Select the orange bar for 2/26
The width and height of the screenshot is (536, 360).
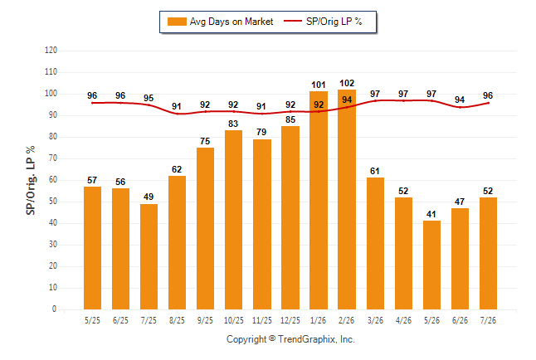[347, 199]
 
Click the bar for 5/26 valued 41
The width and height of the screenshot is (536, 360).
[431, 265]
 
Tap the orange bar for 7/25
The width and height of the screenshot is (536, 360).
[149, 257]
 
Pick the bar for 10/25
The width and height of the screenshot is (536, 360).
[233, 220]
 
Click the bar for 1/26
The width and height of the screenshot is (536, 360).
[319, 201]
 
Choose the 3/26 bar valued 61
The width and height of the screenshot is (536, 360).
[375, 243]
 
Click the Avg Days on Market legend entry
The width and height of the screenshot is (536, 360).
[220, 22]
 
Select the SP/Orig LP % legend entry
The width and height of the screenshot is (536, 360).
[323, 22]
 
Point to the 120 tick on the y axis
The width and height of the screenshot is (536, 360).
[51, 51]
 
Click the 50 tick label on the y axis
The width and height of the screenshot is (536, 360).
[52, 202]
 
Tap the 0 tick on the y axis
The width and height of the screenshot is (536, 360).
[55, 309]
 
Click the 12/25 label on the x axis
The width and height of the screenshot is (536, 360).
[290, 321]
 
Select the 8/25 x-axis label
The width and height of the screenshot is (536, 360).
[177, 321]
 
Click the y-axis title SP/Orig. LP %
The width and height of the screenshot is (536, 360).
[31, 180]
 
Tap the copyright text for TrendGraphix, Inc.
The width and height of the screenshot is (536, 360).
[290, 339]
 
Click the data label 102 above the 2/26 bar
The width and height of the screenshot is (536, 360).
[347, 83]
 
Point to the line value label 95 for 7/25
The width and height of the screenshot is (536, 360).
[149, 98]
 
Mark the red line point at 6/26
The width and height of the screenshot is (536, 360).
[460, 107]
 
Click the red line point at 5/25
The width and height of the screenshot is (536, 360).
[92, 103]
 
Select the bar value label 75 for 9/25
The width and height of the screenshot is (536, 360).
[205, 141]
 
